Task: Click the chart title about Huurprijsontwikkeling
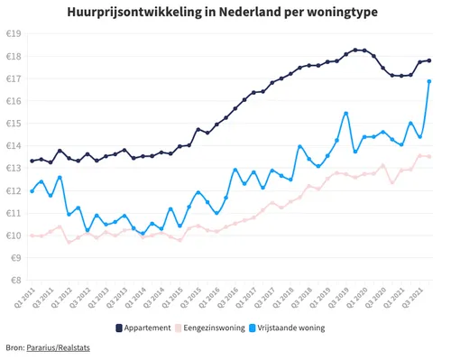click(x=225, y=14)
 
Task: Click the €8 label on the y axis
click(x=15, y=280)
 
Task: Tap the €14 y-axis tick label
click(x=14, y=145)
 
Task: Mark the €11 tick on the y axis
click(x=14, y=213)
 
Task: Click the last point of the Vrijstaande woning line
click(x=428, y=81)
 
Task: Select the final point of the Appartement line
click(x=428, y=60)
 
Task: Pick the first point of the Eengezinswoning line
click(x=32, y=235)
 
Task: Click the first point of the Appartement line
click(x=32, y=161)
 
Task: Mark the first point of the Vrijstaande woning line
click(x=32, y=191)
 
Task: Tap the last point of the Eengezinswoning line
click(x=428, y=156)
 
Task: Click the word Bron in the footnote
click(x=14, y=346)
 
